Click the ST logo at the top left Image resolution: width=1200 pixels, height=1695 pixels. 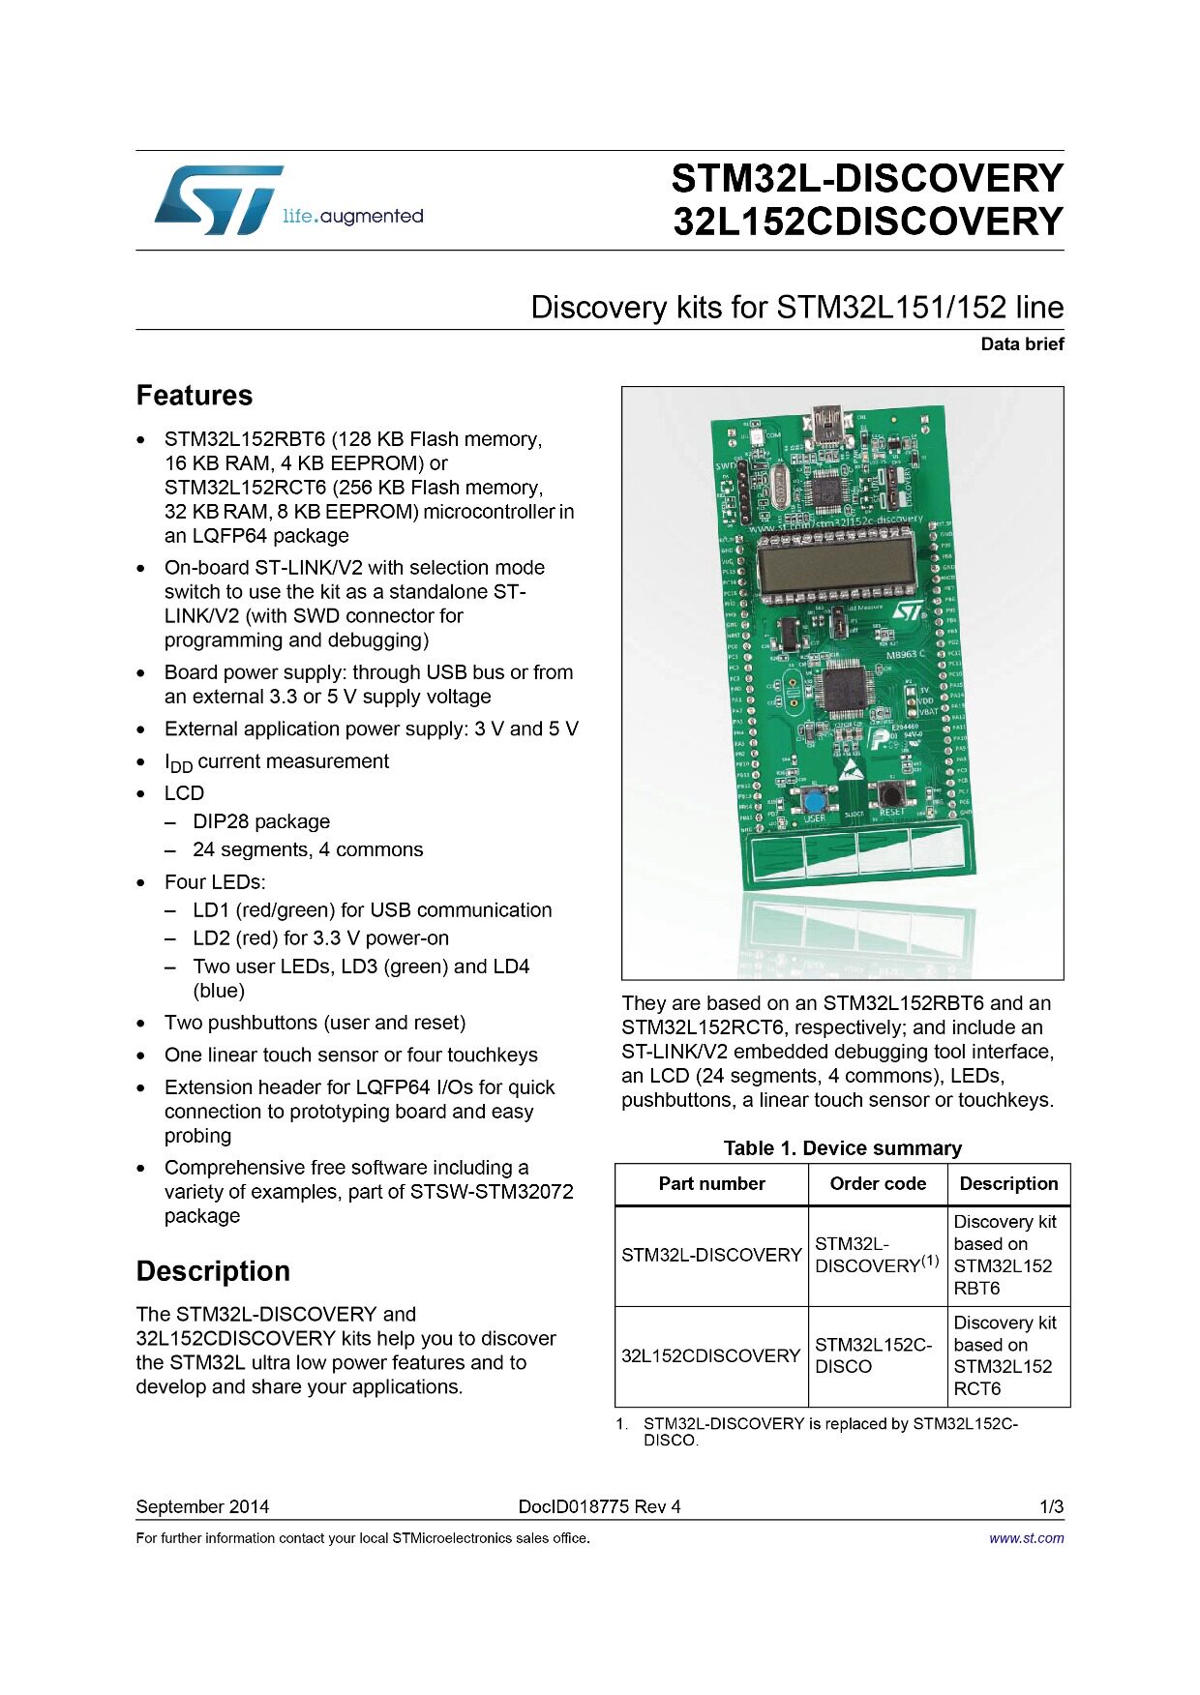click(219, 199)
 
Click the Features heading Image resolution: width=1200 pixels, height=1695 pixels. click(195, 396)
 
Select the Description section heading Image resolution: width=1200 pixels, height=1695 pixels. click(213, 1271)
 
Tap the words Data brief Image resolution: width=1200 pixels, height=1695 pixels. click(1022, 343)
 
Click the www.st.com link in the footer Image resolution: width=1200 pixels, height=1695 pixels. click(1026, 1538)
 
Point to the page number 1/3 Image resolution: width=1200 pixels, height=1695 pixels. click(1051, 1506)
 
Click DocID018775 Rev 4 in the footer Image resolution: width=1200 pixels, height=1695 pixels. click(599, 1506)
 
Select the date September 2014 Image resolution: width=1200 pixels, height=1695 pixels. click(202, 1506)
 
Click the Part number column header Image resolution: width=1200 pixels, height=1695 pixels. click(711, 1183)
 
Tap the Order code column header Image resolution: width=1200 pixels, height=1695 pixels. click(878, 1183)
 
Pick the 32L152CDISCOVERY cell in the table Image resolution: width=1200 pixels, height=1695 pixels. click(710, 1355)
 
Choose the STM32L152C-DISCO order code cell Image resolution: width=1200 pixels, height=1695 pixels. click(873, 1355)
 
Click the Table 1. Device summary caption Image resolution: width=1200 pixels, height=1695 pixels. click(842, 1148)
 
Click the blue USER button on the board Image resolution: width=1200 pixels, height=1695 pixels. click(815, 800)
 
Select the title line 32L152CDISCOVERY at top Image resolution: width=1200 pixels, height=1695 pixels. click(868, 222)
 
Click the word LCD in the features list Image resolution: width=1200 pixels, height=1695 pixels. click(184, 793)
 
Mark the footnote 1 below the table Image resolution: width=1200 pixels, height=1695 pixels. click(819, 1432)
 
